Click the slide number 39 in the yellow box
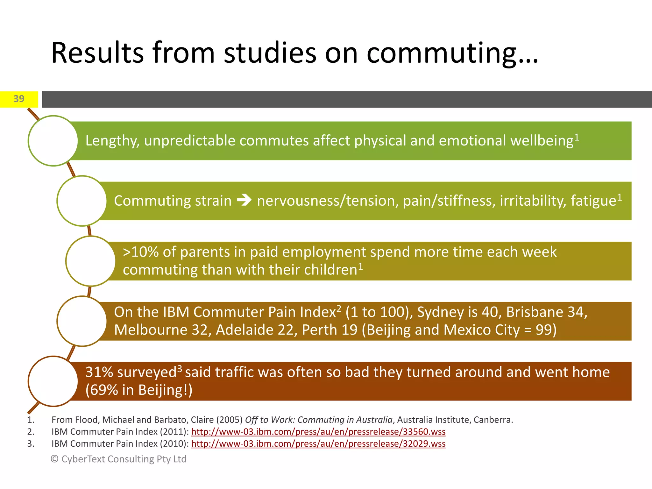pyautogui.click(x=19, y=99)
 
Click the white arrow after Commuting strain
pyautogui.click(x=244, y=201)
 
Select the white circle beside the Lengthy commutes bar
pyautogui.click(x=53, y=141)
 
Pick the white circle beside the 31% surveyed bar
pyautogui.click(x=53, y=381)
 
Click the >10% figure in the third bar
pyautogui.click(x=140, y=252)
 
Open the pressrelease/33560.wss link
pyautogui.click(x=318, y=432)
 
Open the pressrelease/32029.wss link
pyautogui.click(x=318, y=444)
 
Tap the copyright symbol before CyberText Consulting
pyautogui.click(x=54, y=459)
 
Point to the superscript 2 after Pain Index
pyautogui.click(x=339, y=308)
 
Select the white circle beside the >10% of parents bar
pyautogui.click(x=91, y=261)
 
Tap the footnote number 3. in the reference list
pyautogui.click(x=31, y=444)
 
